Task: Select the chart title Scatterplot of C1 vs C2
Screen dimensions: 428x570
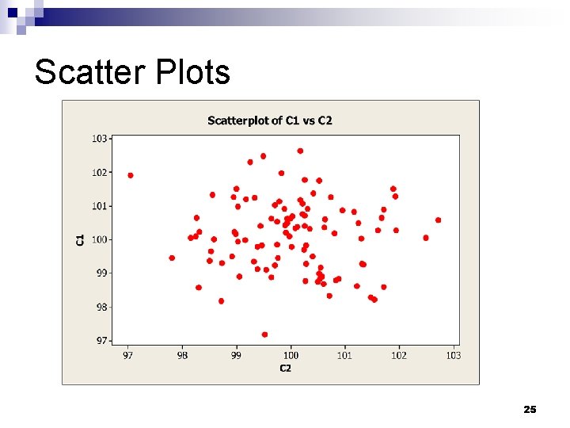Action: [x=270, y=120]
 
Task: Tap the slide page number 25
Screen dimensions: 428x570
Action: [x=530, y=409]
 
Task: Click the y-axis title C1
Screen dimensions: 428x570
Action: [x=80, y=239]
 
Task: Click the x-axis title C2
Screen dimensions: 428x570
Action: [x=285, y=368]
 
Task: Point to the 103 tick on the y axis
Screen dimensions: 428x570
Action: [x=100, y=139]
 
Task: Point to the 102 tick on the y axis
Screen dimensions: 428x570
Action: [x=100, y=172]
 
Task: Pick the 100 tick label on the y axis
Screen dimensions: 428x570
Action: [x=100, y=239]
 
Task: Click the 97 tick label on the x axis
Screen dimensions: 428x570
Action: [x=128, y=356]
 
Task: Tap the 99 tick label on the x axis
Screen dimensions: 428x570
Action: [x=237, y=356]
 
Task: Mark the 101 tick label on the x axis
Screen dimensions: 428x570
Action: [x=344, y=356]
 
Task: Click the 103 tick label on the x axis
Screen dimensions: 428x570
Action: [x=453, y=356]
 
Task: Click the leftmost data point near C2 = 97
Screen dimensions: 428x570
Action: [x=131, y=175]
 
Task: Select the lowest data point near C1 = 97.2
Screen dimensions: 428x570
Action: [x=264, y=334]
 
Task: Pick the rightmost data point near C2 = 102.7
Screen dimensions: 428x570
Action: [x=438, y=220]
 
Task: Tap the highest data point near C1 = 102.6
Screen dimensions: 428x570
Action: [x=300, y=151]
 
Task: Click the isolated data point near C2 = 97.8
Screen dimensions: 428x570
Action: [x=172, y=258]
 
